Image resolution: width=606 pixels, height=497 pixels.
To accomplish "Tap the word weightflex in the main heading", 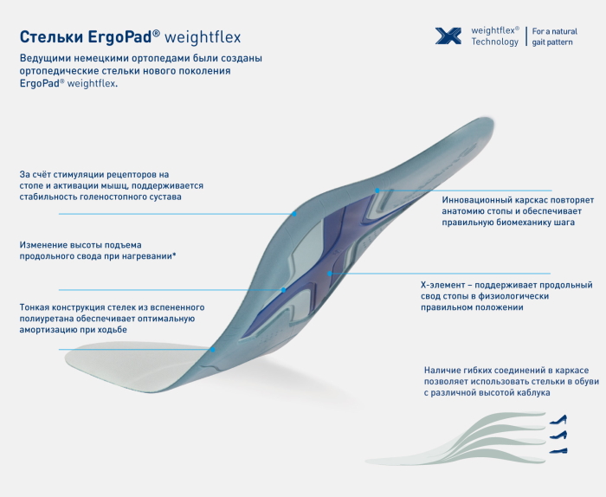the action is pyautogui.click(x=203, y=37).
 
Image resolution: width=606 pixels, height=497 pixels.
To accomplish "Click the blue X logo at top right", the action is pyautogui.click(x=448, y=36).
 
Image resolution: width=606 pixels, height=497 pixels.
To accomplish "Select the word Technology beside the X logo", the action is pyautogui.click(x=494, y=42).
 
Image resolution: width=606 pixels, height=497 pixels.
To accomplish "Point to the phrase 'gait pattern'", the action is pyautogui.click(x=552, y=42).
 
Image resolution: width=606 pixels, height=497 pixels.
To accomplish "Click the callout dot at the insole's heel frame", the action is pyautogui.click(x=377, y=190).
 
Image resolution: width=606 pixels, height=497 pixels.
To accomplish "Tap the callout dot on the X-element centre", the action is pyautogui.click(x=329, y=274).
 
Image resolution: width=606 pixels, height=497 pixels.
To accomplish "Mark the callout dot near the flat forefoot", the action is pyautogui.click(x=213, y=350).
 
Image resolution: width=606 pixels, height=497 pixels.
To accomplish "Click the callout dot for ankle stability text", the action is pyautogui.click(x=294, y=214).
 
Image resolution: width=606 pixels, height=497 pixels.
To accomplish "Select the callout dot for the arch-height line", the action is pyautogui.click(x=284, y=290).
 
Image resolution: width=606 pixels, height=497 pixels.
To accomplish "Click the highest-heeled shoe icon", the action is pyautogui.click(x=558, y=419).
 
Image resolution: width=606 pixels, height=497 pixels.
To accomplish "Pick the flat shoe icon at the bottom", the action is pyautogui.click(x=558, y=450).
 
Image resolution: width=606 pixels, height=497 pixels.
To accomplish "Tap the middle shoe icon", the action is pyautogui.click(x=558, y=435).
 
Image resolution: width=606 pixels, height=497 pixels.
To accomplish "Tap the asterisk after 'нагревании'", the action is pyautogui.click(x=174, y=255).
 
